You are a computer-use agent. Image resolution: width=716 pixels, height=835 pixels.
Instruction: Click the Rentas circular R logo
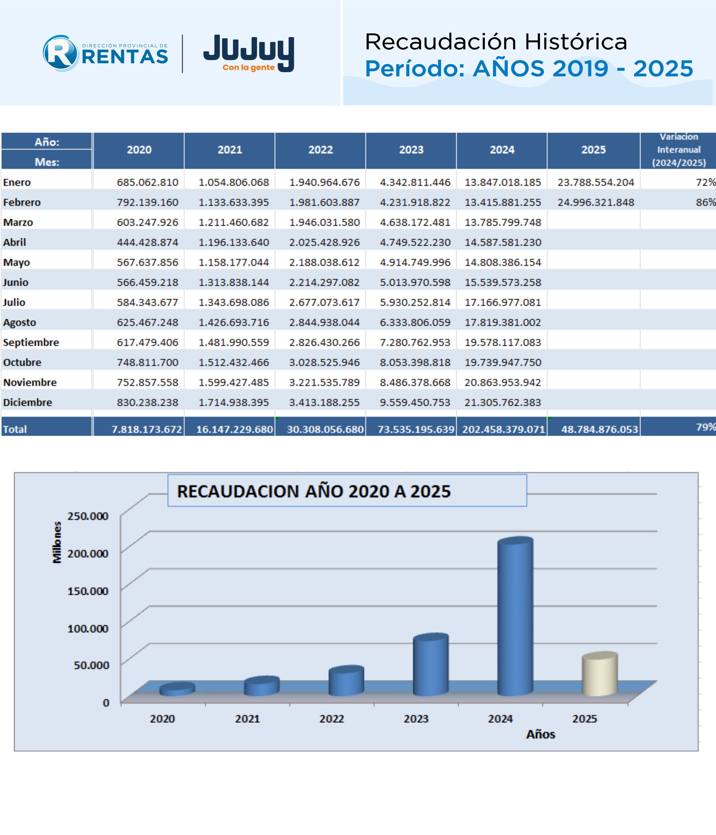tap(61, 53)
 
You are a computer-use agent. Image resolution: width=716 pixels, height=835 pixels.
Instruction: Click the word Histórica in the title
tap(576, 42)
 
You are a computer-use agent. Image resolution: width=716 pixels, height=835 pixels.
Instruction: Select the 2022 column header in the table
tap(321, 150)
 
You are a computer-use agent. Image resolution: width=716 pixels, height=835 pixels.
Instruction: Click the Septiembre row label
tap(31, 342)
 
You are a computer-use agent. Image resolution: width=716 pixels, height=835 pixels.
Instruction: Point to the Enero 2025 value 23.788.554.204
tap(596, 183)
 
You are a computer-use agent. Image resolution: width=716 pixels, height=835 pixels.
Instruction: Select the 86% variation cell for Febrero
tap(706, 202)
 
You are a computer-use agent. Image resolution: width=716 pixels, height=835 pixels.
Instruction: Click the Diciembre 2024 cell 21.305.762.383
tap(503, 402)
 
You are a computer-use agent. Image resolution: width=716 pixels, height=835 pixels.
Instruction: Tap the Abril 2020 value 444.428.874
tap(147, 243)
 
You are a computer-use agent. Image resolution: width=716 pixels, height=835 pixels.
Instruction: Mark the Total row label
tap(15, 430)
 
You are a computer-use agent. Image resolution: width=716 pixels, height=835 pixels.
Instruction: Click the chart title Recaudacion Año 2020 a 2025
tap(314, 492)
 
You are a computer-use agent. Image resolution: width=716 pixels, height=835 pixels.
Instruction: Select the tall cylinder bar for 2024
tap(515, 616)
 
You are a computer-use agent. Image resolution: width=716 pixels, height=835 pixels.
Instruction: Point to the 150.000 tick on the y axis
tap(88, 591)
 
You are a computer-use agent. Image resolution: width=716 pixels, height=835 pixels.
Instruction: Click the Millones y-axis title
tap(57, 542)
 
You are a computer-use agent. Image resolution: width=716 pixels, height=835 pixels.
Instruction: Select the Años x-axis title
tap(541, 734)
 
